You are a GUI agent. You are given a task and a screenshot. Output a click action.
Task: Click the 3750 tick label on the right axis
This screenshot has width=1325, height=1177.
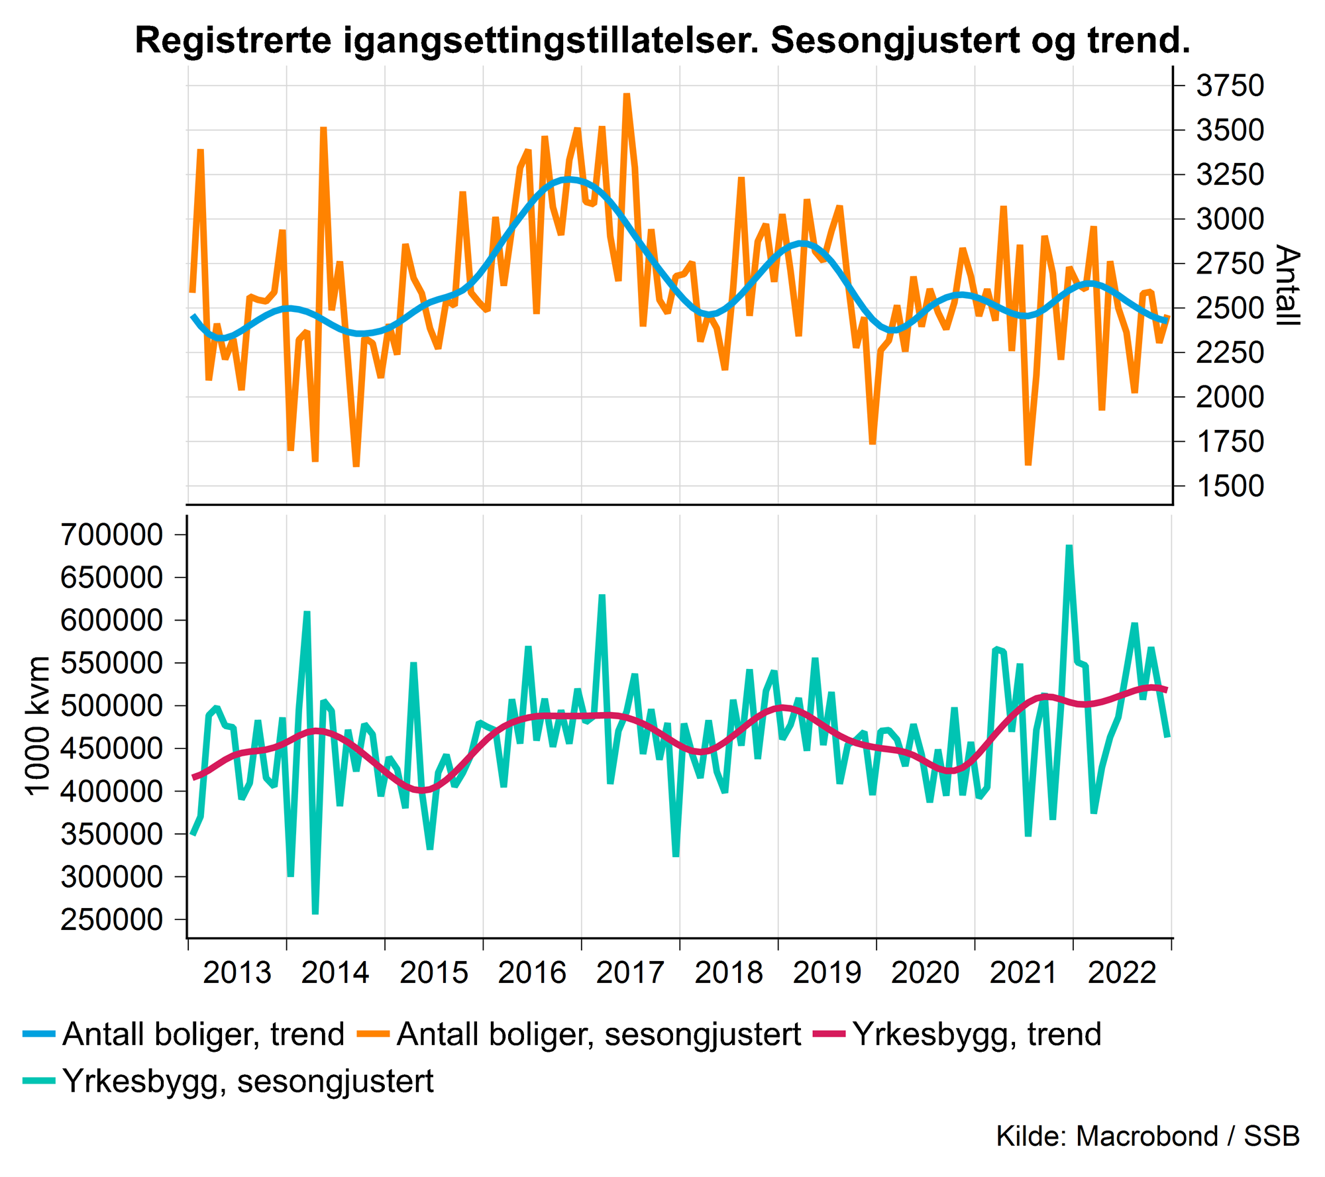coord(1230,86)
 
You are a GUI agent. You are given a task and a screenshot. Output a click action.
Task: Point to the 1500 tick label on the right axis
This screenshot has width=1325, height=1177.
coord(1230,486)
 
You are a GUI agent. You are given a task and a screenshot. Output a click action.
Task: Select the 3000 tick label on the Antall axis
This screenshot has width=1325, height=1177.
coord(1230,219)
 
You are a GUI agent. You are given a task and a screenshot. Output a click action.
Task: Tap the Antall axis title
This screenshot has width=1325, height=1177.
coord(1287,285)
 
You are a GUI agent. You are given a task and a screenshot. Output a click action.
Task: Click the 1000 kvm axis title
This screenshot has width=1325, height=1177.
coord(37,725)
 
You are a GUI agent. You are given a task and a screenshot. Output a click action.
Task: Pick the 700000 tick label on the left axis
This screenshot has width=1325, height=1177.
coord(111,535)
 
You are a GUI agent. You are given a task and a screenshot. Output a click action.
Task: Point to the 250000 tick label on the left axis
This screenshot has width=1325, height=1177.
coord(111,919)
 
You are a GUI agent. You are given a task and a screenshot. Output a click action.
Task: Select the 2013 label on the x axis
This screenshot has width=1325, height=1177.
coord(237,973)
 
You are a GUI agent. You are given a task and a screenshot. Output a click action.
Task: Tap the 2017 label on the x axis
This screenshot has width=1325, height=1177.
coord(630,973)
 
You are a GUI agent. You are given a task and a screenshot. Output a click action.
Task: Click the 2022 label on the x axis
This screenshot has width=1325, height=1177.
coord(1122,973)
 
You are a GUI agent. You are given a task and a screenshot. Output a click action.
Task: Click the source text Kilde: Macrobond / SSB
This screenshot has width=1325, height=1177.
coord(1147,1136)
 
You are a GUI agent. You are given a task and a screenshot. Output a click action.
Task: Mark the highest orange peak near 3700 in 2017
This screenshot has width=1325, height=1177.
coord(627,95)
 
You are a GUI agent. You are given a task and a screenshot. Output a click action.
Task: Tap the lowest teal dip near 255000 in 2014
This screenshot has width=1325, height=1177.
coord(315,913)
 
